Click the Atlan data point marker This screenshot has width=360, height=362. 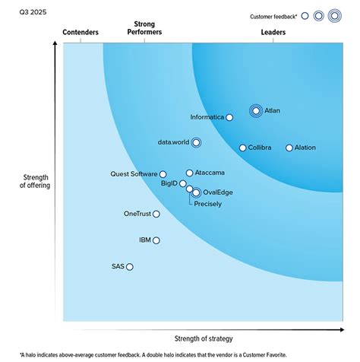tap(256, 111)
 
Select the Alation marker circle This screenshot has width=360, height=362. tap(289, 148)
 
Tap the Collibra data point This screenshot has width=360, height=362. tap(242, 148)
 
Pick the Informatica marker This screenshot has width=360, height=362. tap(229, 117)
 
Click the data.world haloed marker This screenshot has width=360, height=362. tap(196, 142)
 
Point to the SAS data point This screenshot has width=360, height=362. tap(130, 267)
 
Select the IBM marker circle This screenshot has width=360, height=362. tap(156, 240)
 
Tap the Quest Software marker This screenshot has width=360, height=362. tap(163, 174)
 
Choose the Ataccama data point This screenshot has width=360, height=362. tap(189, 173)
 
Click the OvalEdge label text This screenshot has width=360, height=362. tap(217, 193)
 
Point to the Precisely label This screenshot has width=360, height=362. tap(207, 204)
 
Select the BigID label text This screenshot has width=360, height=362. tap(169, 183)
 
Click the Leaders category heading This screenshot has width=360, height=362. tap(273, 33)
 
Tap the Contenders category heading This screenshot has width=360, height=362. tap(80, 33)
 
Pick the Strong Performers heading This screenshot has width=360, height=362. tap(144, 29)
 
